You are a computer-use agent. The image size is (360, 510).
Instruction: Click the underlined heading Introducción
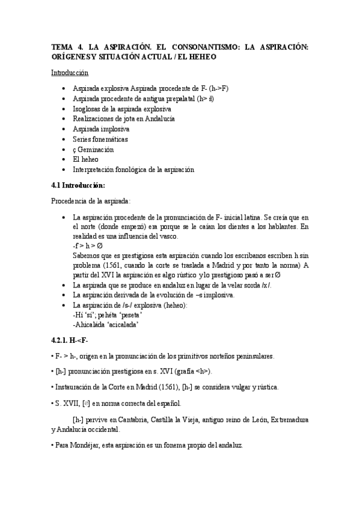click(x=70, y=73)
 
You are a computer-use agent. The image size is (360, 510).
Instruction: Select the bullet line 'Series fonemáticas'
click(x=100, y=139)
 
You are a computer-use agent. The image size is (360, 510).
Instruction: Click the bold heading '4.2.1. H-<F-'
click(x=70, y=340)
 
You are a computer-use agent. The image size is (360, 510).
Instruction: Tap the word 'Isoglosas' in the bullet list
click(x=88, y=109)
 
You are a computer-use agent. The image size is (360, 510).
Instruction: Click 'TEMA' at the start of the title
click(x=61, y=46)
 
